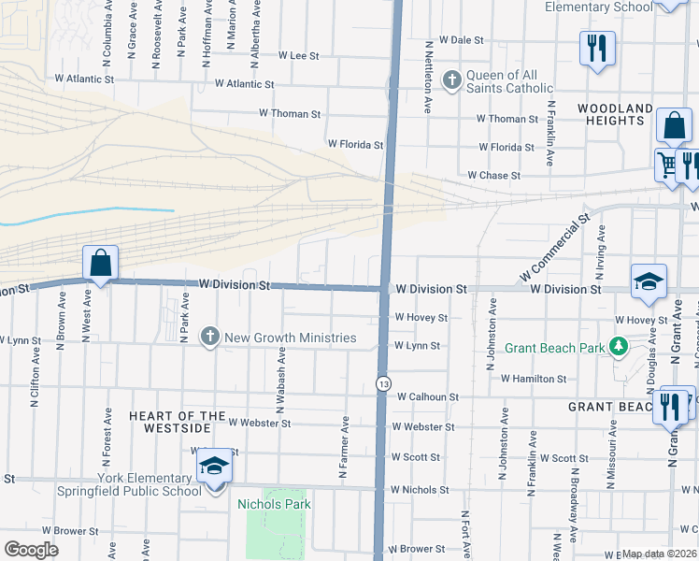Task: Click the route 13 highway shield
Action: point(383,383)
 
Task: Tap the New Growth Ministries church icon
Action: point(210,337)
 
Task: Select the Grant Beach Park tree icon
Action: point(618,348)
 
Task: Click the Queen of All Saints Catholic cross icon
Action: point(452,79)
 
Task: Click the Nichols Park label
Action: point(274,505)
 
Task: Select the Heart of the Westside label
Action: point(178,422)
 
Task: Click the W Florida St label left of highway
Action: point(355,145)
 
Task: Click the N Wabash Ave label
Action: point(279,381)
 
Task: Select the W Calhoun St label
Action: point(427,397)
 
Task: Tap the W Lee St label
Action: point(299,56)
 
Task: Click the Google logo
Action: point(31,550)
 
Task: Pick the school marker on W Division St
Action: point(649,282)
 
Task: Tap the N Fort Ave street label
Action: point(464,534)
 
